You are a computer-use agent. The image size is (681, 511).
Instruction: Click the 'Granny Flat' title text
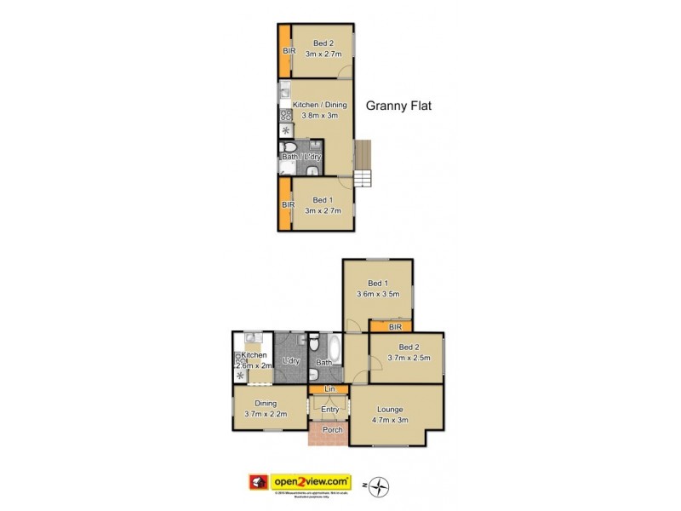pyautogui.click(x=400, y=106)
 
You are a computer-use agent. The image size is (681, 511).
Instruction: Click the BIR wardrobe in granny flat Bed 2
pyautogui.click(x=284, y=50)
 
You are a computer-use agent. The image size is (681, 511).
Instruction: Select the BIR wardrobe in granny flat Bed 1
pyautogui.click(x=284, y=204)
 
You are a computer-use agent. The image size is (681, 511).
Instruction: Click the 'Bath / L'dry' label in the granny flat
pyautogui.click(x=301, y=157)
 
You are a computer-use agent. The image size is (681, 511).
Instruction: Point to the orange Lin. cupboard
pyautogui.click(x=329, y=389)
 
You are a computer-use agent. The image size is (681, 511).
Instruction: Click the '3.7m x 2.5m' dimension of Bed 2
pyautogui.click(x=409, y=358)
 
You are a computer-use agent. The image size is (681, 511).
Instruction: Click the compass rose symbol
pyautogui.click(x=381, y=486)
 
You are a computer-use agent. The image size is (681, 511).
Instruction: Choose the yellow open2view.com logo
pyautogui.click(x=311, y=480)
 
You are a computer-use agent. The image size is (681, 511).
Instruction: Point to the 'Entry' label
pyautogui.click(x=329, y=410)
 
